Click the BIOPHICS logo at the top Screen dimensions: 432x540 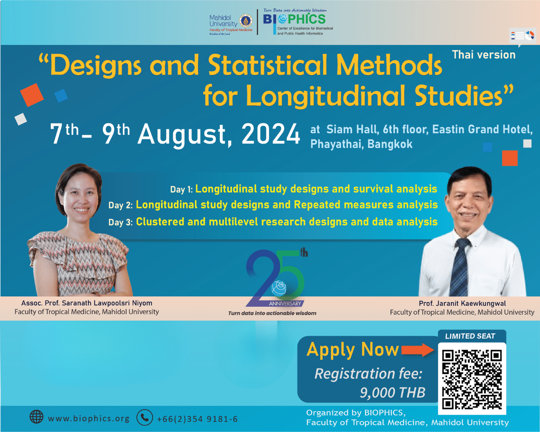[x=294, y=19]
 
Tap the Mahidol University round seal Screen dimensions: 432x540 [x=246, y=21]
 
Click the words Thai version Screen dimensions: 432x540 [x=483, y=55]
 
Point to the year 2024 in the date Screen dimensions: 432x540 [x=271, y=135]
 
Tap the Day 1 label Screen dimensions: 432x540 [x=181, y=189]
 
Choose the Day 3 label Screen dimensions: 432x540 [x=120, y=222]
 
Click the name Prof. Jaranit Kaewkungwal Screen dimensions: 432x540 [x=462, y=303]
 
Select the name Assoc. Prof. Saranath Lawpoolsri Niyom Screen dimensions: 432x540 [x=87, y=303]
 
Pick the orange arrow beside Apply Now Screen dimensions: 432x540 [x=417, y=350]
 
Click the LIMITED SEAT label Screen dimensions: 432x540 [x=470, y=336]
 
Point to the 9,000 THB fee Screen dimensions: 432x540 [x=392, y=393]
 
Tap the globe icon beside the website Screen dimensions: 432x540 [x=37, y=417]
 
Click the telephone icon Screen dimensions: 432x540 [x=145, y=418]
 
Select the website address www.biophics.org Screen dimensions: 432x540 [x=89, y=418]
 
